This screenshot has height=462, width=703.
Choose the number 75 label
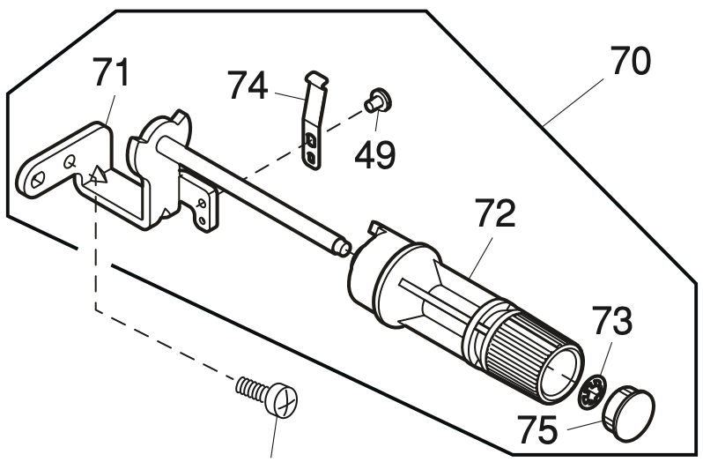[x=536, y=429]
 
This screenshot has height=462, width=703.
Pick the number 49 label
[x=375, y=154]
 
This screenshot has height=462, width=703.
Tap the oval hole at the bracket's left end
[x=37, y=178]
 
